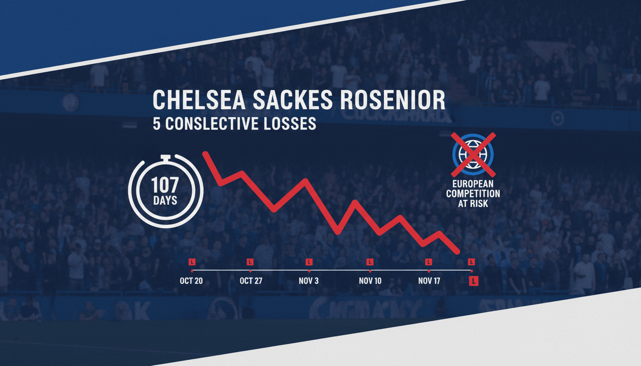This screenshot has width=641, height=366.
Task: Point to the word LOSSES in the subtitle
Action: pos(289,123)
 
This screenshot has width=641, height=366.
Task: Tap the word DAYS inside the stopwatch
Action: pos(165,200)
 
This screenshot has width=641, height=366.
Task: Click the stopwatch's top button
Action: pos(165,157)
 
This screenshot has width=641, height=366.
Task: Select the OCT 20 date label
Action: pos(191,281)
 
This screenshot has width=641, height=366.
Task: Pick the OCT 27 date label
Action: pos(251,281)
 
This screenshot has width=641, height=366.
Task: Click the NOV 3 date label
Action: pos(309,281)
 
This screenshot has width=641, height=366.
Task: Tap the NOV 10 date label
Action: pos(370,281)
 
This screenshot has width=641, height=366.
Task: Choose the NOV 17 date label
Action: pos(429,281)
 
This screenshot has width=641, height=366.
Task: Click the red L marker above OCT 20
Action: pos(192,262)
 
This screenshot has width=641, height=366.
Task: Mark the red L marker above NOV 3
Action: pos(309,262)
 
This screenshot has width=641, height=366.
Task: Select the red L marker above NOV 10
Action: pos(369,262)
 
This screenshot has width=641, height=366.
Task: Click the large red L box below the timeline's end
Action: pos(474,281)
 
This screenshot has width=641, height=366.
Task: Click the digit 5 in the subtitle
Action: pos(156,123)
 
